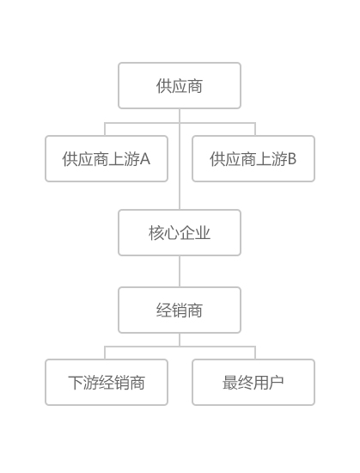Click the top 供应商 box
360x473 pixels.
pyautogui.click(x=180, y=86)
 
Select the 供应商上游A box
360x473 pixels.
pyautogui.click(x=107, y=159)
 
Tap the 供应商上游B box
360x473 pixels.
pyautogui.click(x=253, y=159)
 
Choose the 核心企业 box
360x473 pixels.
pyautogui.click(x=180, y=232)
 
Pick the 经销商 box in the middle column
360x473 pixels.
pyautogui.click(x=180, y=310)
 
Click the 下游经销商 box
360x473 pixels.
pyautogui.click(x=107, y=382)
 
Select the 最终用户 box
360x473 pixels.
pyautogui.click(x=253, y=382)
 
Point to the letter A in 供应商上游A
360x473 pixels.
pyautogui.click(x=145, y=159)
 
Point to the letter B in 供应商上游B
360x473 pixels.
pyautogui.click(x=292, y=159)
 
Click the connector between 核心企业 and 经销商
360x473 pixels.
pyautogui.click(x=180, y=272)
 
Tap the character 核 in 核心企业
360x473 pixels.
pyautogui.click(x=156, y=233)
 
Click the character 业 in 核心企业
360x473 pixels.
pyautogui.click(x=203, y=233)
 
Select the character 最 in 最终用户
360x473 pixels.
pyautogui.click(x=230, y=383)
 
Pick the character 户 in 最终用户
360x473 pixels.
pyautogui.click(x=277, y=383)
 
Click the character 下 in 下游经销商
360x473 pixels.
pyautogui.click(x=76, y=383)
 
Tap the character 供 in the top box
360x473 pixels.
pyautogui.click(x=164, y=86)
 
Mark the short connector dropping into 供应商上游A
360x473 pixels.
pyautogui.click(x=105, y=129)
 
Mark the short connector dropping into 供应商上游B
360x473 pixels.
pyautogui.click(x=255, y=129)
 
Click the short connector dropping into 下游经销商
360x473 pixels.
pyautogui.click(x=105, y=353)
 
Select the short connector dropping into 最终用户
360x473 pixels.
pyautogui.click(x=255, y=353)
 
